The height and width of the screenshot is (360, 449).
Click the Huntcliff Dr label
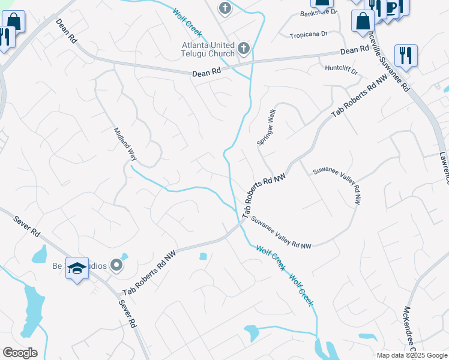pos(341,70)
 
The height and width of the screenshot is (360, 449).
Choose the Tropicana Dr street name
pos(309,34)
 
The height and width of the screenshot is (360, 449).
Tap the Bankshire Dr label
pos(318,12)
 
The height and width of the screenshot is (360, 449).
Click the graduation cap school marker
pos(77,268)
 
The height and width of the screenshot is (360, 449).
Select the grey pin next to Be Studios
pos(117,265)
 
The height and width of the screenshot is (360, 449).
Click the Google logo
pos(20,353)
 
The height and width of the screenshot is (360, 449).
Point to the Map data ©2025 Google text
pos(412,355)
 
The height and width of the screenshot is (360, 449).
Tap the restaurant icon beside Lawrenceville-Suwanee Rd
pos(406,56)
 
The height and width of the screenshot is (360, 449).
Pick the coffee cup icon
pos(392,7)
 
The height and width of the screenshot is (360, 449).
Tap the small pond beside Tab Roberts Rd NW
pos(203,256)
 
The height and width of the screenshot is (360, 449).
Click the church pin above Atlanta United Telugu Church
pos(224,8)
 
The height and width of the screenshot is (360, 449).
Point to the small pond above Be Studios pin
pos(124,257)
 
